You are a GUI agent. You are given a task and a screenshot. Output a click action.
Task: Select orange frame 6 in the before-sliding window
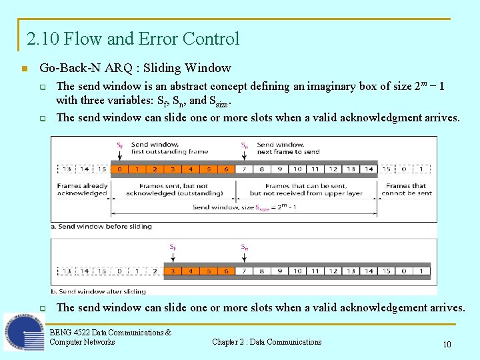point(226,169)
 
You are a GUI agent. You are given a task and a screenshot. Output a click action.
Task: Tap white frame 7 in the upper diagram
point(244,169)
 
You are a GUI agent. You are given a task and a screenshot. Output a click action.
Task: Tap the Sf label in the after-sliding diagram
point(173,247)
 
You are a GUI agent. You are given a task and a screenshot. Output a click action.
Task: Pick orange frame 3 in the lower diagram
point(173,271)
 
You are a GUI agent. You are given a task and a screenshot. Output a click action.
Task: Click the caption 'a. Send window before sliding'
point(101,227)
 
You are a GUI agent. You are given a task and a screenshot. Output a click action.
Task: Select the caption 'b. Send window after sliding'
point(98,291)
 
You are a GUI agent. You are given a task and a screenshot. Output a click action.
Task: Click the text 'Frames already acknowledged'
point(82,189)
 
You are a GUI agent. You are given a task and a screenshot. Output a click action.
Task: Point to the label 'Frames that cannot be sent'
point(406,189)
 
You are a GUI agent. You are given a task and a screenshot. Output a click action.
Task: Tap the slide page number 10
point(447,345)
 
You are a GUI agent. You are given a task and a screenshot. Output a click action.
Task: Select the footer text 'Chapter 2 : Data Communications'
point(267,342)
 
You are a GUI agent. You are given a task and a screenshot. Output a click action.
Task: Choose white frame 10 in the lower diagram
point(297,271)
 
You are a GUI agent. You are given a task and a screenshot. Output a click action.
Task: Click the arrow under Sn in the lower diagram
point(244,258)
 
